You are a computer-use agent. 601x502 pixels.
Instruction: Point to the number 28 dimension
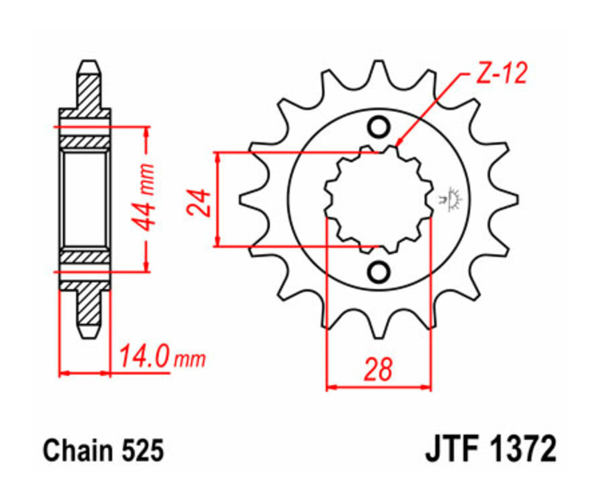click(378, 370)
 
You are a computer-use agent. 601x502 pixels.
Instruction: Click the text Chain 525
click(104, 451)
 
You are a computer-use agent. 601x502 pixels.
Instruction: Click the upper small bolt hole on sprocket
click(379, 127)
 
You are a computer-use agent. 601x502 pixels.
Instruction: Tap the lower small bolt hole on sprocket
click(379, 272)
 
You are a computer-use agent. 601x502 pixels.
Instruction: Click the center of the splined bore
click(379, 199)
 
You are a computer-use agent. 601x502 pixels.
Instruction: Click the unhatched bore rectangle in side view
click(85, 198)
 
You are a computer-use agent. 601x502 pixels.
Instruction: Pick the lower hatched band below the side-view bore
click(85, 256)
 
